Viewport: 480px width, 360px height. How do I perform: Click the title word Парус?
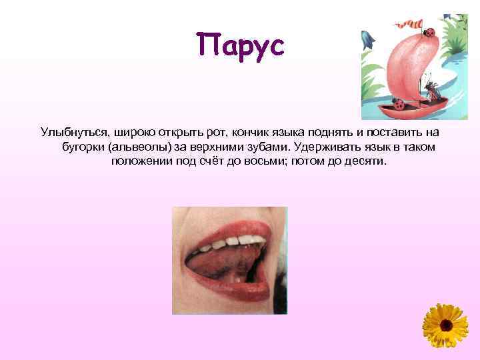[241, 46]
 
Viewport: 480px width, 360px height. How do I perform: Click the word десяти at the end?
[365, 161]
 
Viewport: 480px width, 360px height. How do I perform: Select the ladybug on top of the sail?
[430, 31]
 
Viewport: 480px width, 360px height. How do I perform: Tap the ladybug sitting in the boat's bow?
[399, 104]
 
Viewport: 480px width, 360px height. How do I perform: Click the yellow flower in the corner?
[445, 326]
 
